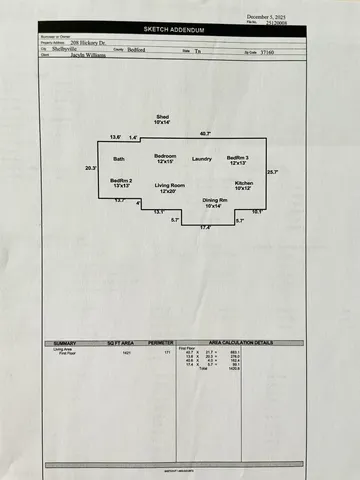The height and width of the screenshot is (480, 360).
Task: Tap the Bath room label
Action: click(x=118, y=159)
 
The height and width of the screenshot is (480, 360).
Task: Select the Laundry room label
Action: click(x=202, y=159)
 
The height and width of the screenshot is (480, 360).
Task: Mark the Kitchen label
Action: click(x=244, y=186)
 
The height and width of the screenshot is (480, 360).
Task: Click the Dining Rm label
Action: click(x=217, y=203)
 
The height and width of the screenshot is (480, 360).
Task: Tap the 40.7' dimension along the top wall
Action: click(x=205, y=134)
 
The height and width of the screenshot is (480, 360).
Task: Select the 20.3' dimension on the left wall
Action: click(x=90, y=168)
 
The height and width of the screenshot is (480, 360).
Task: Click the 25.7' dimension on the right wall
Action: click(x=272, y=172)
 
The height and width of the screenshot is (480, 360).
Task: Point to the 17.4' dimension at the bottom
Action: click(x=205, y=228)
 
